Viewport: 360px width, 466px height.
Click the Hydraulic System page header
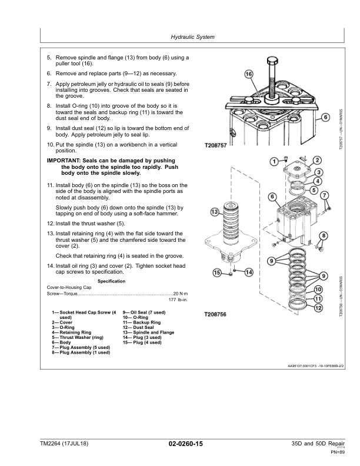point(192,37)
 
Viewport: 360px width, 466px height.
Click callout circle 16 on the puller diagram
point(249,74)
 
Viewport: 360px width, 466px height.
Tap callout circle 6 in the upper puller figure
point(325,117)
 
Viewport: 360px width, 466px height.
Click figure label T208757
point(216,146)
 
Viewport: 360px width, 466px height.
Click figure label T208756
point(215,314)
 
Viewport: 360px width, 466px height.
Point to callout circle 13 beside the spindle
point(215,212)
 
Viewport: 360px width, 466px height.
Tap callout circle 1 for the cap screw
point(274,161)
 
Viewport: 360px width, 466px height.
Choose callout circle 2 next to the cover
point(317,161)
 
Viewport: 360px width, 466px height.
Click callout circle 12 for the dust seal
point(318,308)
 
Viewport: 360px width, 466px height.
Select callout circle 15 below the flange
point(218,272)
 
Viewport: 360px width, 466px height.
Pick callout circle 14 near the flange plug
point(249,272)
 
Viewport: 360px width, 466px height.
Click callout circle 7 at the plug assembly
point(325,195)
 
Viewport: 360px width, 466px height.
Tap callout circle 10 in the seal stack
point(318,289)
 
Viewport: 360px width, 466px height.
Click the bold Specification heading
point(111,281)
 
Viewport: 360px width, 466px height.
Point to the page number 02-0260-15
point(186,444)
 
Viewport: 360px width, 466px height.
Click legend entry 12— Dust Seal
point(138,328)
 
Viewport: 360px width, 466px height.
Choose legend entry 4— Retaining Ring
point(72,332)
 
